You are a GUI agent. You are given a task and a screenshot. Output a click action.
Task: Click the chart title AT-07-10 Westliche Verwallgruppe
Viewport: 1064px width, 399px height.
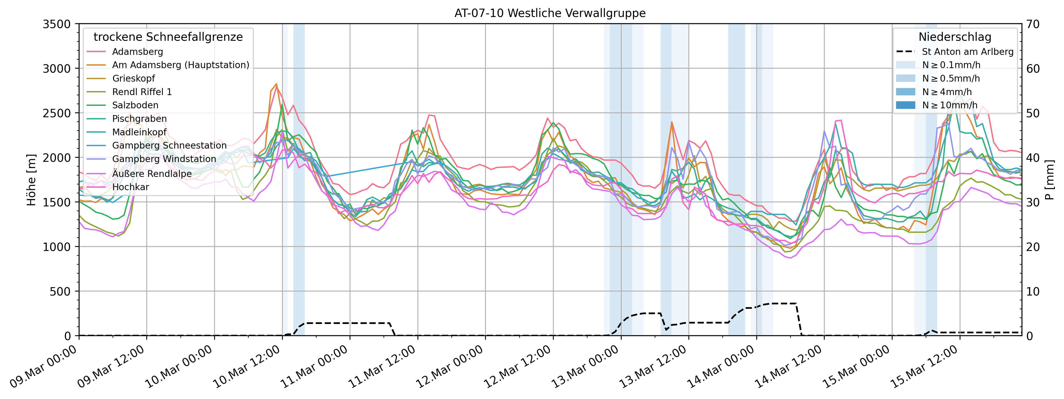tap(550, 13)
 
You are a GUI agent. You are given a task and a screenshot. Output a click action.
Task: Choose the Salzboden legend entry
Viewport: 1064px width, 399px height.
tap(135, 105)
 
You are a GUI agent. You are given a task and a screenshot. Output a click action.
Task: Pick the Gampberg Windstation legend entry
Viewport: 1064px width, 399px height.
tap(164, 159)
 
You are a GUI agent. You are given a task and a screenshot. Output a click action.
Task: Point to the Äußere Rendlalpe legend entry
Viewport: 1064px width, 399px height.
tap(152, 174)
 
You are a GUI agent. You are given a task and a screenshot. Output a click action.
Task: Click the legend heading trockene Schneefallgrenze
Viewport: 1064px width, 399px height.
tap(168, 37)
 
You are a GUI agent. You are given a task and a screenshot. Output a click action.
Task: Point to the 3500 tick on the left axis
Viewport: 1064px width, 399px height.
tap(57, 24)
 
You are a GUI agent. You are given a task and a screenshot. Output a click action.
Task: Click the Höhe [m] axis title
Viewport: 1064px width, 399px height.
tap(31, 180)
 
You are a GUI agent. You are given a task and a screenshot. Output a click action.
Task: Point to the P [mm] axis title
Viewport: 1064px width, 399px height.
tap(1051, 180)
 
